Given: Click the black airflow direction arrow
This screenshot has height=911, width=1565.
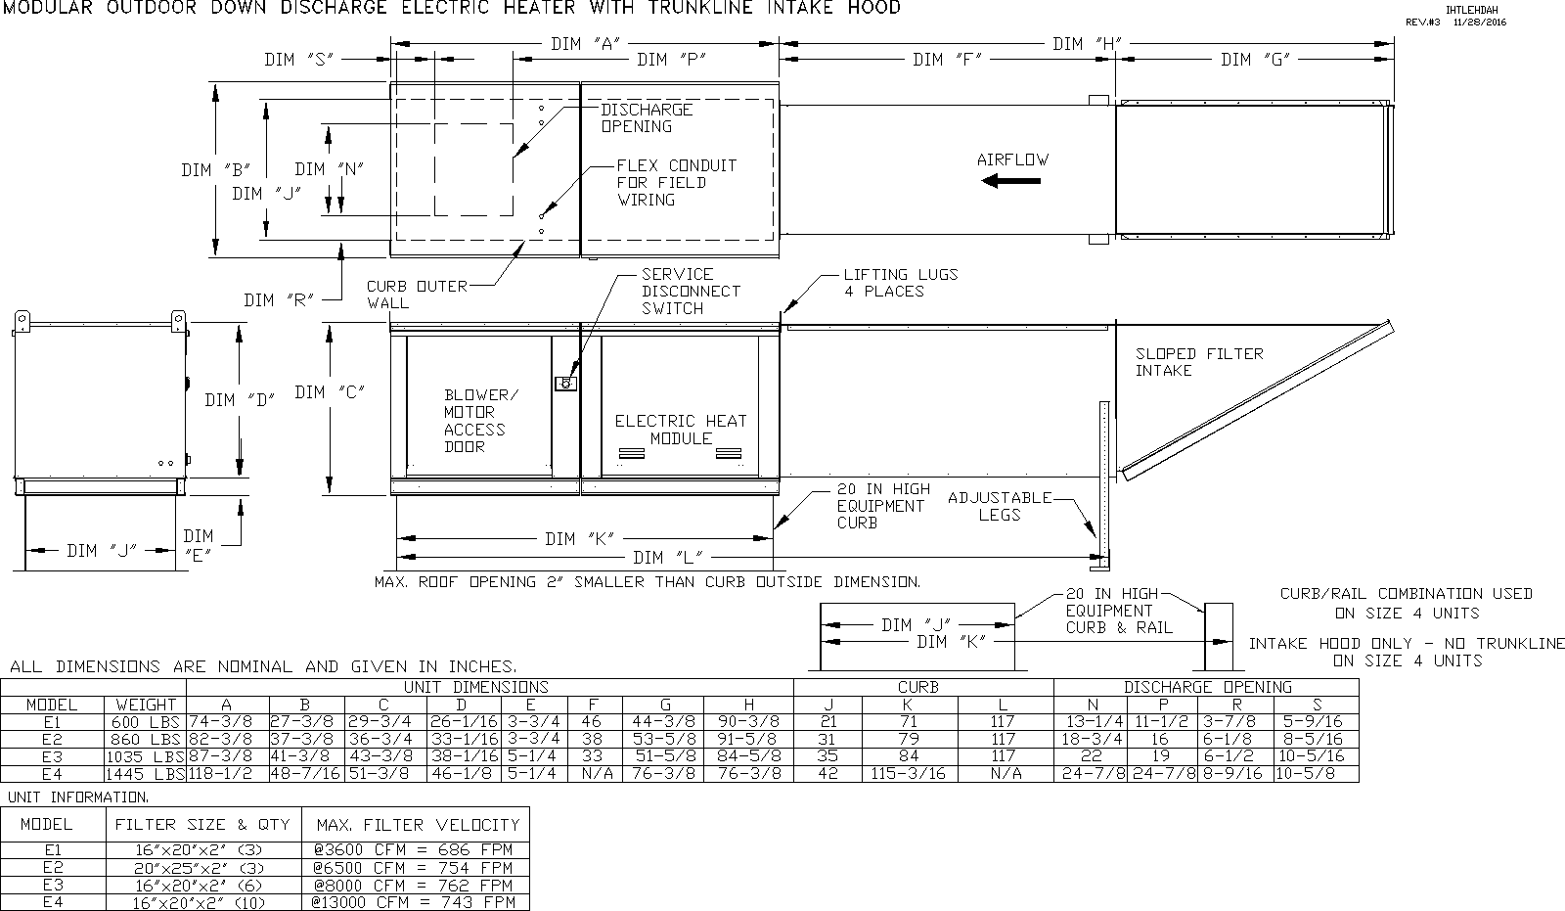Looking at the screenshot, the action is (x=1011, y=181).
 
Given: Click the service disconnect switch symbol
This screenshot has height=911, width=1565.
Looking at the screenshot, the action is (x=566, y=384).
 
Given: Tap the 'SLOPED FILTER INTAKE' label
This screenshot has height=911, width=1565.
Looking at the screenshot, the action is (x=1199, y=362).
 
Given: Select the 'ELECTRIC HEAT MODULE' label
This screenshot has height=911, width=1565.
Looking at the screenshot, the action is (x=681, y=430).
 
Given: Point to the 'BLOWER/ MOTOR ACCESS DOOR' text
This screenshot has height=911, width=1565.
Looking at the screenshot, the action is (x=481, y=420).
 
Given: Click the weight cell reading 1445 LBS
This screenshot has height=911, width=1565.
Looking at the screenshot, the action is (x=146, y=774).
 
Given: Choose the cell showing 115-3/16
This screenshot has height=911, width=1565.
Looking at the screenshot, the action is (x=908, y=774).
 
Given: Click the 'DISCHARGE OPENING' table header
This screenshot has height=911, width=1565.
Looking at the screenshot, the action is (x=1207, y=687).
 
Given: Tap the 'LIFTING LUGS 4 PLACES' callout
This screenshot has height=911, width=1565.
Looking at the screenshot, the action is (x=901, y=283).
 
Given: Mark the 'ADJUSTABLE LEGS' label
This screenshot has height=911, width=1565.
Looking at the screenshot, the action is (x=1000, y=506).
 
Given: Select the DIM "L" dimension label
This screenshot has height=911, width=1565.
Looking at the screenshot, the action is (x=668, y=557).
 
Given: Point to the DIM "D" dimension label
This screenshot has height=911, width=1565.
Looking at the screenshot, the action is (x=240, y=400).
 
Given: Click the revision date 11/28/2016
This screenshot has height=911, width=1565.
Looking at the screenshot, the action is (x=1480, y=22).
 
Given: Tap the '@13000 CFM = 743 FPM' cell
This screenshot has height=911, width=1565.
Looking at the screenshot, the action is (x=414, y=902).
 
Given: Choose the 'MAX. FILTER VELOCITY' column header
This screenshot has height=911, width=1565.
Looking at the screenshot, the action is (x=418, y=825).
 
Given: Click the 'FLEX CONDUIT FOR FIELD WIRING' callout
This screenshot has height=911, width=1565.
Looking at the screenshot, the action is (x=676, y=182).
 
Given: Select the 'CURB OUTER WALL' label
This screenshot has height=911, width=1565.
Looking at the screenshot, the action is (x=417, y=295).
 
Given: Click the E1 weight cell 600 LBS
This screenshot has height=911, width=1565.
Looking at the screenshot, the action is (x=146, y=721).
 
